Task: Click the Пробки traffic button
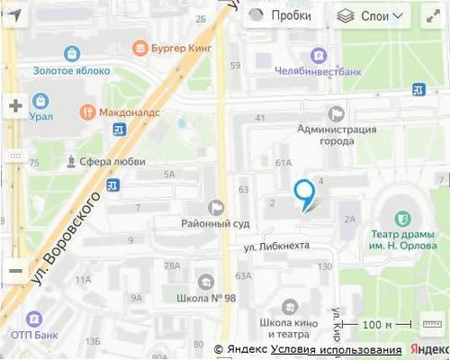coord(281,15)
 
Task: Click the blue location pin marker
coord(304,193)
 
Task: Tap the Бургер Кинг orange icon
coord(139,47)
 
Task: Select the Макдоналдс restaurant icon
coord(87,112)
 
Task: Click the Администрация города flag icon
coord(337,113)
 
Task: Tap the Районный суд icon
coord(215,207)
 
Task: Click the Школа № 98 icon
coord(205,282)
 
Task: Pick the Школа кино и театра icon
coord(289,307)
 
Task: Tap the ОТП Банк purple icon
coord(33,319)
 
